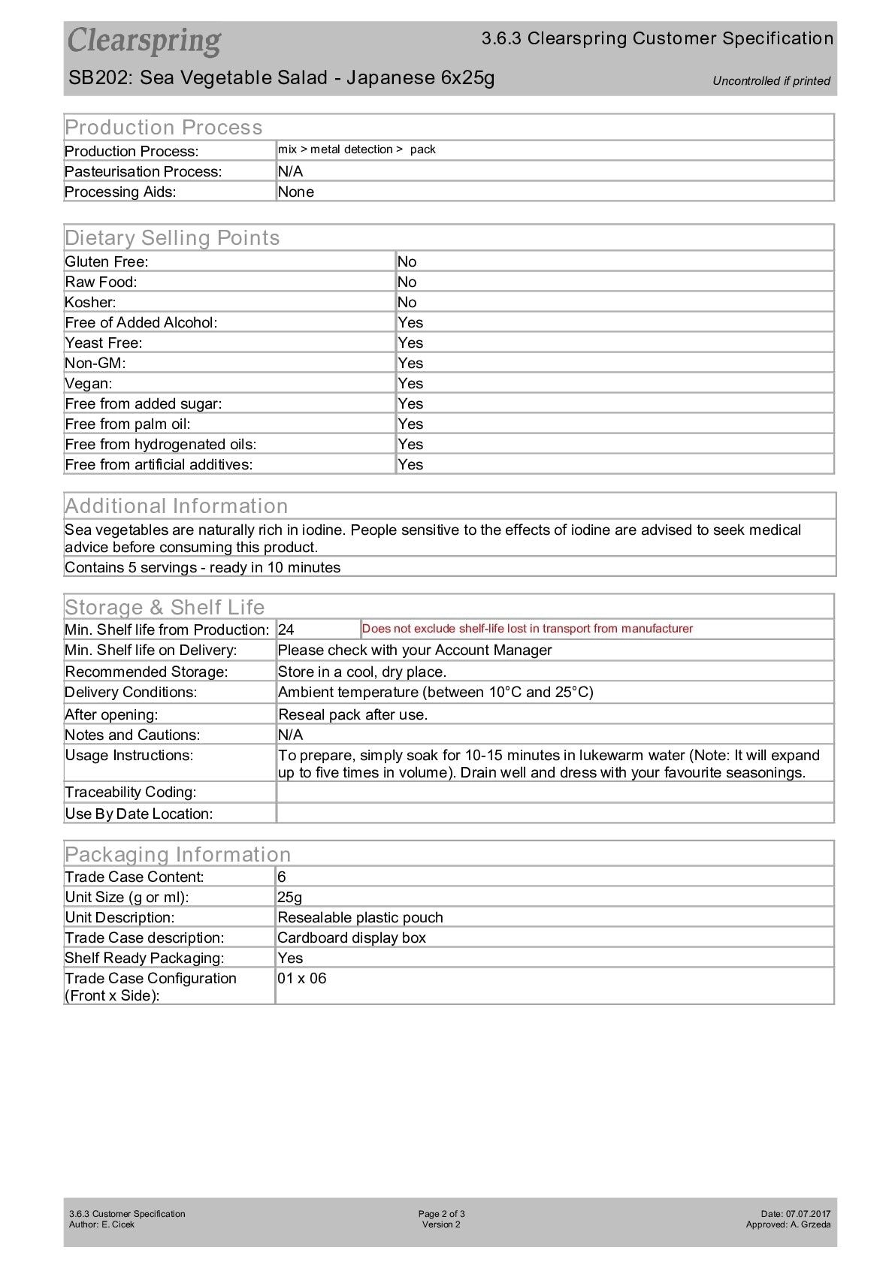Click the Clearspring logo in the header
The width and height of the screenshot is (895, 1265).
(144, 41)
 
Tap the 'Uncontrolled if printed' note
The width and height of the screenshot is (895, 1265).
(771, 81)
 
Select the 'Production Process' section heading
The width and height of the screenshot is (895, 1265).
(164, 127)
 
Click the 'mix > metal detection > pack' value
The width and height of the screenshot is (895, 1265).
(357, 149)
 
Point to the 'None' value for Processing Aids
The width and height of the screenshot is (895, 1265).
(296, 192)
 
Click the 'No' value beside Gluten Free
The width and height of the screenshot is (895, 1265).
(407, 261)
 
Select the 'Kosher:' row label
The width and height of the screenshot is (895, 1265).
(90, 302)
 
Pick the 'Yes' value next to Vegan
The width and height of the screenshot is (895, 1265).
(410, 383)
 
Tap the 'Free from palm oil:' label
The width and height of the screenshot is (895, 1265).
(128, 424)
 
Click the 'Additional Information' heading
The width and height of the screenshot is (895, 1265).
(177, 506)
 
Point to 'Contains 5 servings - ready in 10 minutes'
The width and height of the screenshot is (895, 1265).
(203, 567)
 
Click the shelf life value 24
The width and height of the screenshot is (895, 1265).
(286, 629)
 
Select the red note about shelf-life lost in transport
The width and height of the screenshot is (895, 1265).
(528, 629)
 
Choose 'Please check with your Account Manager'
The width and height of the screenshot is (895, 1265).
(415, 650)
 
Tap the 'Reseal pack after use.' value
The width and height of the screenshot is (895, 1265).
(352, 714)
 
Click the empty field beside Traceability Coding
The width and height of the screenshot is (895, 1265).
(555, 792)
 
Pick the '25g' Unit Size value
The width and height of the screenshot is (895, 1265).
(290, 897)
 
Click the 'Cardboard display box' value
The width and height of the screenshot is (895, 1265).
(352, 937)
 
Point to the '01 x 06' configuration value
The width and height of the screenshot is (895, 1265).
(302, 978)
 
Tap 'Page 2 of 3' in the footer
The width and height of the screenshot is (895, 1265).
(442, 1214)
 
